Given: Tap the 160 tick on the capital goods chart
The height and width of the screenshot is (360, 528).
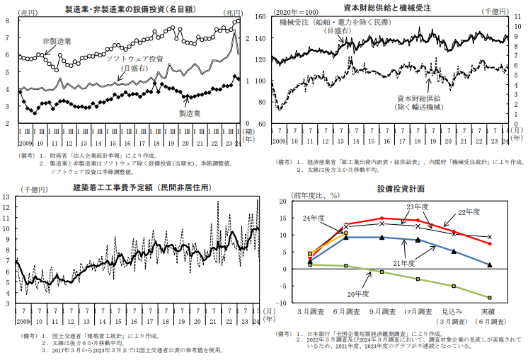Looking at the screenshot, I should pyautogui.click(x=281, y=17).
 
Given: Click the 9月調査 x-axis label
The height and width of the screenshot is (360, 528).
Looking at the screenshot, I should pyautogui.click(x=381, y=311).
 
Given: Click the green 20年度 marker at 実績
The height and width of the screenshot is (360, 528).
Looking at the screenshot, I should pyautogui.click(x=489, y=298).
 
